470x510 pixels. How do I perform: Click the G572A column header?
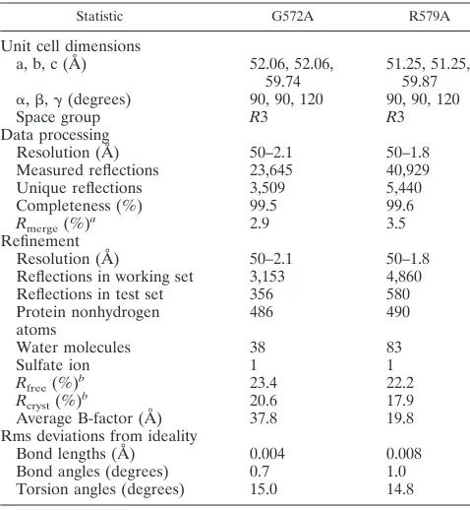[x=292, y=16]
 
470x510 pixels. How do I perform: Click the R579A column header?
[x=429, y=16]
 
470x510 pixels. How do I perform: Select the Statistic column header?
[x=99, y=16]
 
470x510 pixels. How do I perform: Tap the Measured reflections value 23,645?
[x=270, y=170]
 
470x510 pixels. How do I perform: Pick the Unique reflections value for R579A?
[x=404, y=188]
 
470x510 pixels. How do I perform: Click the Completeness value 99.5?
[x=264, y=206]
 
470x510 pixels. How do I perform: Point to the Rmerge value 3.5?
[x=396, y=223]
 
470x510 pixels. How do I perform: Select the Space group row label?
[x=58, y=117]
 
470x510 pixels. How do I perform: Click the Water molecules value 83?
[x=394, y=348]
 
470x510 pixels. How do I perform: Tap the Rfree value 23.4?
[x=264, y=383]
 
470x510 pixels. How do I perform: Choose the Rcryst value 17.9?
[x=400, y=401]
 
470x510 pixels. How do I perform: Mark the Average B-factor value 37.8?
[x=264, y=418]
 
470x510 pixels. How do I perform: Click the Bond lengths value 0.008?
[x=404, y=454]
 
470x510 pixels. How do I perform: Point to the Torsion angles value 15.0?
[x=264, y=489]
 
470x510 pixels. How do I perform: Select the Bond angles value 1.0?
[x=396, y=472]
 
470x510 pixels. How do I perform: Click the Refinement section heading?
[x=40, y=241]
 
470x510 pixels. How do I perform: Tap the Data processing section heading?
[x=55, y=135]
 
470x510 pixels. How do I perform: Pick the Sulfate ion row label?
[x=53, y=365]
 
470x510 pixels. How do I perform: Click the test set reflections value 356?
[x=262, y=294]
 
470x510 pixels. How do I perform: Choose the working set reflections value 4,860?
[x=404, y=277]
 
